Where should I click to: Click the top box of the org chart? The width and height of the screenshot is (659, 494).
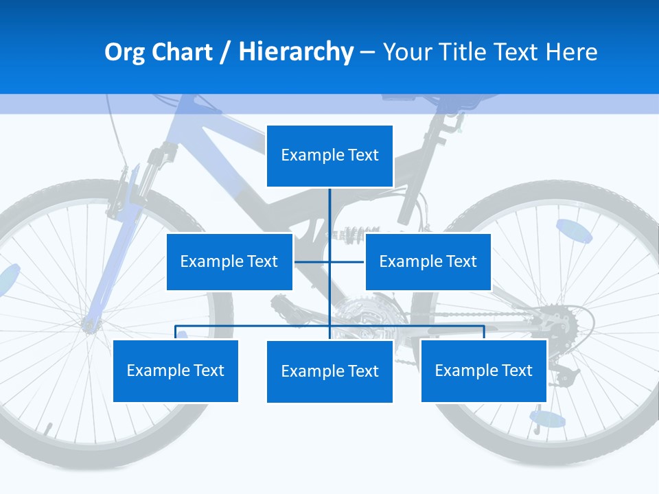(x=329, y=156)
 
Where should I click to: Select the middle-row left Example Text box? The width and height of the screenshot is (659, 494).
(x=229, y=261)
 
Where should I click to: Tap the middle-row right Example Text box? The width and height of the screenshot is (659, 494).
(x=428, y=261)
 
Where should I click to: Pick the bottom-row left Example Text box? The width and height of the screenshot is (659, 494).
(x=176, y=370)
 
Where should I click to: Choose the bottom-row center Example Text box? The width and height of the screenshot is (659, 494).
(x=329, y=371)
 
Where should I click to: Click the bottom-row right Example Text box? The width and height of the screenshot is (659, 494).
(x=483, y=370)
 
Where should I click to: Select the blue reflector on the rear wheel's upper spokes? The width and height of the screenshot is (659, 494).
(x=574, y=231)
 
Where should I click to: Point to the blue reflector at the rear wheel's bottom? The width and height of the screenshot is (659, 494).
(x=548, y=418)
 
